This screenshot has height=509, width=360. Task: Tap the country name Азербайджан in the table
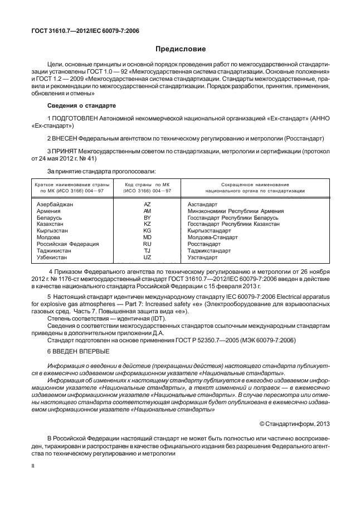pyautogui.click(x=55, y=205)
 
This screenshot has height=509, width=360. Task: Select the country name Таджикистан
pyautogui.click(x=54, y=251)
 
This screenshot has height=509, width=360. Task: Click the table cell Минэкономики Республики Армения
pyautogui.click(x=236, y=211)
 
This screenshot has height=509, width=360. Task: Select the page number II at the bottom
pyautogui.click(x=33, y=464)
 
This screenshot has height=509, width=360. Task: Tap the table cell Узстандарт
pyautogui.click(x=202, y=258)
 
